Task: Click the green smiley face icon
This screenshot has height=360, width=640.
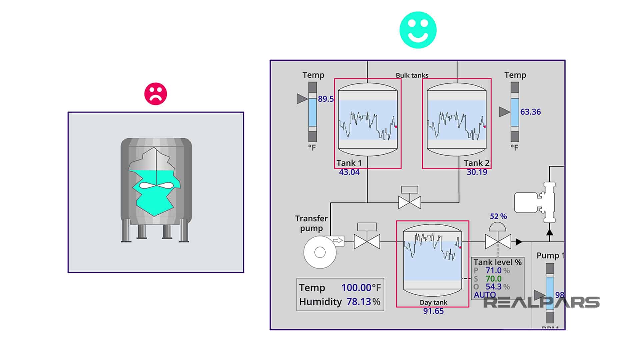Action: (x=418, y=30)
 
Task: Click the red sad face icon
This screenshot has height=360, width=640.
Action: (x=155, y=94)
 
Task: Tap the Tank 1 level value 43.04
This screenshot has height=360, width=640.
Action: (x=349, y=172)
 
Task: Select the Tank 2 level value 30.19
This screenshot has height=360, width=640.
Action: (x=477, y=172)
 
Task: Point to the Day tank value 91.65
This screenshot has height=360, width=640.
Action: (x=433, y=311)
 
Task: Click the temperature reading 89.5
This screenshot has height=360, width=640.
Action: (x=325, y=99)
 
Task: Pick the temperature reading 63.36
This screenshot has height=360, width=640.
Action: (x=530, y=112)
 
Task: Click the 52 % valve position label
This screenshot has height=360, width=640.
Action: (x=498, y=216)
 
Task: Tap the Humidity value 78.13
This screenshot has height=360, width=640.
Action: (x=359, y=302)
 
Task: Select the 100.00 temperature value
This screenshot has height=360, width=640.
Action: (x=356, y=288)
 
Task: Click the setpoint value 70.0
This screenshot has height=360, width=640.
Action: (x=493, y=279)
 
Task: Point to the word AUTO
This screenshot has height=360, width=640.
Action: (x=485, y=295)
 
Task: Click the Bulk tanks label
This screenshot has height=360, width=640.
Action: (x=412, y=75)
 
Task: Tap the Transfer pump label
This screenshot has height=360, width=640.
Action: (x=311, y=223)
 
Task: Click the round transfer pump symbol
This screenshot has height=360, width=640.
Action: (x=320, y=252)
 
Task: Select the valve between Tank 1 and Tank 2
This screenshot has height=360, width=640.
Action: (x=410, y=202)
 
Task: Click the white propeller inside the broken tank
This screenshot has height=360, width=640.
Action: (x=155, y=185)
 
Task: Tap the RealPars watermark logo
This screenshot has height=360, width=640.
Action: (x=541, y=302)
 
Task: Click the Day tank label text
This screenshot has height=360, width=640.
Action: (x=433, y=303)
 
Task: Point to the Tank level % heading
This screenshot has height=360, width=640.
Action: (x=497, y=262)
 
